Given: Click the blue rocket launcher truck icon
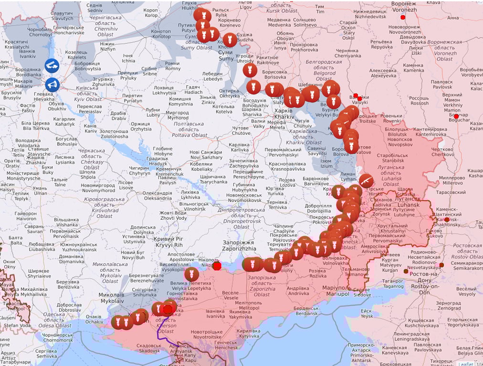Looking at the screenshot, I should coord(52,66).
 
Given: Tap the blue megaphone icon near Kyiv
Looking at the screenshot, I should coord(52,85).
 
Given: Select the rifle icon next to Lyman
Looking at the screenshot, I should coord(366,181).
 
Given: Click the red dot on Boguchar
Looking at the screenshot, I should coord(456,116).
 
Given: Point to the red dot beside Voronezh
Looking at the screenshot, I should coord(403,17).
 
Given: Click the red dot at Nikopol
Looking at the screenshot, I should coord(217,266).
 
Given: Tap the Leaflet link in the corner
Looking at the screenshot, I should coord(465,363).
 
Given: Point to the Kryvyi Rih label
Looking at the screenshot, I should coord(168,242).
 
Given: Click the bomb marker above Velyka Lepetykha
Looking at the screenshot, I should coord(191,274).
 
